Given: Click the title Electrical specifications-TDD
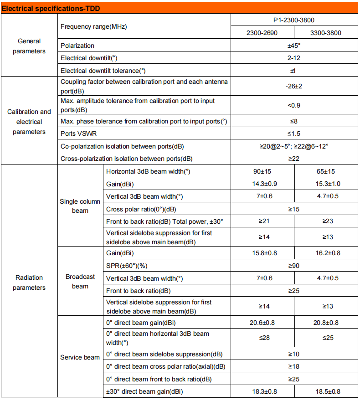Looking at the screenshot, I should pos(51,8).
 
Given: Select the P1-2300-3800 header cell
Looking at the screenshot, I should pos(294,20).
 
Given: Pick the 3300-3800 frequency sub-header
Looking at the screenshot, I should pos(325,33).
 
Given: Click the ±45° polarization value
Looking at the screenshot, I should pos(294,46).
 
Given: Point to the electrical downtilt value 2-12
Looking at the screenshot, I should pos(294,58).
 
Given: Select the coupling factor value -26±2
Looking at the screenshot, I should pos(294,86).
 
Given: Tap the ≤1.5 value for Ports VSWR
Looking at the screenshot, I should pos(294,134).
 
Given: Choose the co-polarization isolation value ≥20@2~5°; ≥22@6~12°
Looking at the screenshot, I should pos(294,146).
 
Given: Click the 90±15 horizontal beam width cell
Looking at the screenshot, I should pos(262,171).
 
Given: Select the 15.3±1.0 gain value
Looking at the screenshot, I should pos(325,184).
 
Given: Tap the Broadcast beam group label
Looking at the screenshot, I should pos(80,282).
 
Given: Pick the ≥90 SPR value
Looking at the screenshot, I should pos(294,266).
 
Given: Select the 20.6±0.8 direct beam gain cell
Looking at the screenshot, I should pos(262,323).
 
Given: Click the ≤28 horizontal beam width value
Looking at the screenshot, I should pos(262,338).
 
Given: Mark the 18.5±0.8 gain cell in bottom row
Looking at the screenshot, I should pos(325,391).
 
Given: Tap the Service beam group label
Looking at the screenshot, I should pos(80,357).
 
